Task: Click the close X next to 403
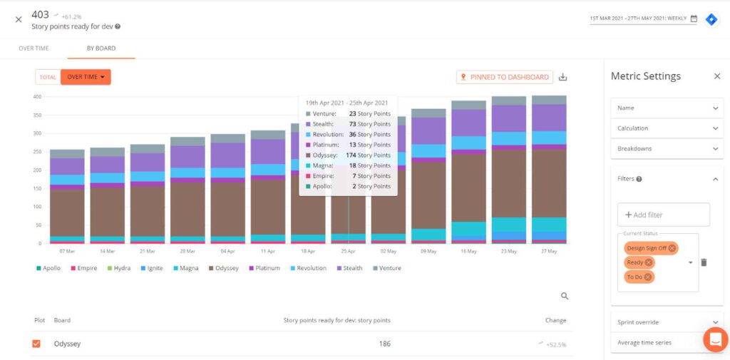[19, 19]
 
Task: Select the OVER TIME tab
[33, 48]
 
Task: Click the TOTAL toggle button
[48, 77]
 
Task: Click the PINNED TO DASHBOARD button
[505, 77]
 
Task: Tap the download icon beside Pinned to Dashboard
[563, 77]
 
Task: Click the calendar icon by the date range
[694, 19]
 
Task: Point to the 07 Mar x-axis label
[67, 252]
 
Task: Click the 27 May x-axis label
[548, 252]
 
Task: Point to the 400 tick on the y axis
[38, 97]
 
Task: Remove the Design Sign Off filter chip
[672, 248]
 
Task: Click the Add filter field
[664, 215]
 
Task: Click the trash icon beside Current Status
[704, 262]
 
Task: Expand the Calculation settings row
[667, 128]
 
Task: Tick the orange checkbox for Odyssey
[36, 344]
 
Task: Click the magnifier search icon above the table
[565, 296]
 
